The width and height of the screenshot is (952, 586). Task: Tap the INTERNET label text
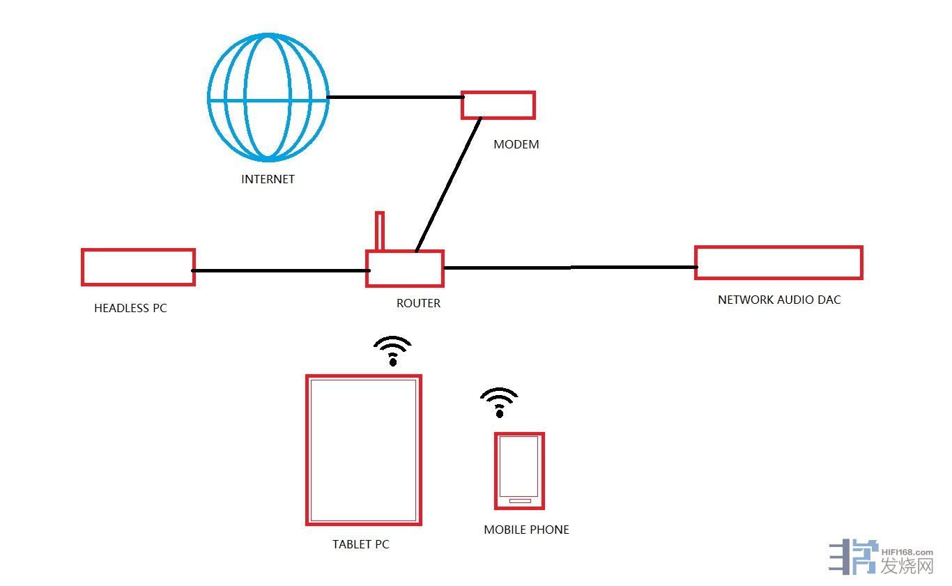[x=268, y=179]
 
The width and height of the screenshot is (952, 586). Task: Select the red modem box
[x=498, y=105]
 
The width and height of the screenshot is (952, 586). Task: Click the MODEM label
[x=516, y=145]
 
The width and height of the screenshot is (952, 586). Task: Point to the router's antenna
[x=379, y=231]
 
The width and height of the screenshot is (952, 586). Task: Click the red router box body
[x=405, y=269]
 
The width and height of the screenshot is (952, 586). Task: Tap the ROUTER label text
[x=418, y=303]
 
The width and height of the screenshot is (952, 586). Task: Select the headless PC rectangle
[x=138, y=268]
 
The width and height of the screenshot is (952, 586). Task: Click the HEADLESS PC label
[x=130, y=308]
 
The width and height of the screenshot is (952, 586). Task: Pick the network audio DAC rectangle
[x=778, y=263]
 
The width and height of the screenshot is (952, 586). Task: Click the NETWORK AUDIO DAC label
[x=779, y=300]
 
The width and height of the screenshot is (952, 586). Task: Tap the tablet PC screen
[x=364, y=450]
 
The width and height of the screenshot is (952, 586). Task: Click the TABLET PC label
[x=360, y=544]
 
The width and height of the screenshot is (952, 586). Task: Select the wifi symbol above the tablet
[x=392, y=350]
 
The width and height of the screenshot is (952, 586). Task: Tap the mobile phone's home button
[x=519, y=501]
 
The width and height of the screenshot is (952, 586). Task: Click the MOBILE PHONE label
[x=526, y=530]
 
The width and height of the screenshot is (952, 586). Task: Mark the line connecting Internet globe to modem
[x=394, y=97]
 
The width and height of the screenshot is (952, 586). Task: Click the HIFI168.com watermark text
[x=907, y=551]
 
